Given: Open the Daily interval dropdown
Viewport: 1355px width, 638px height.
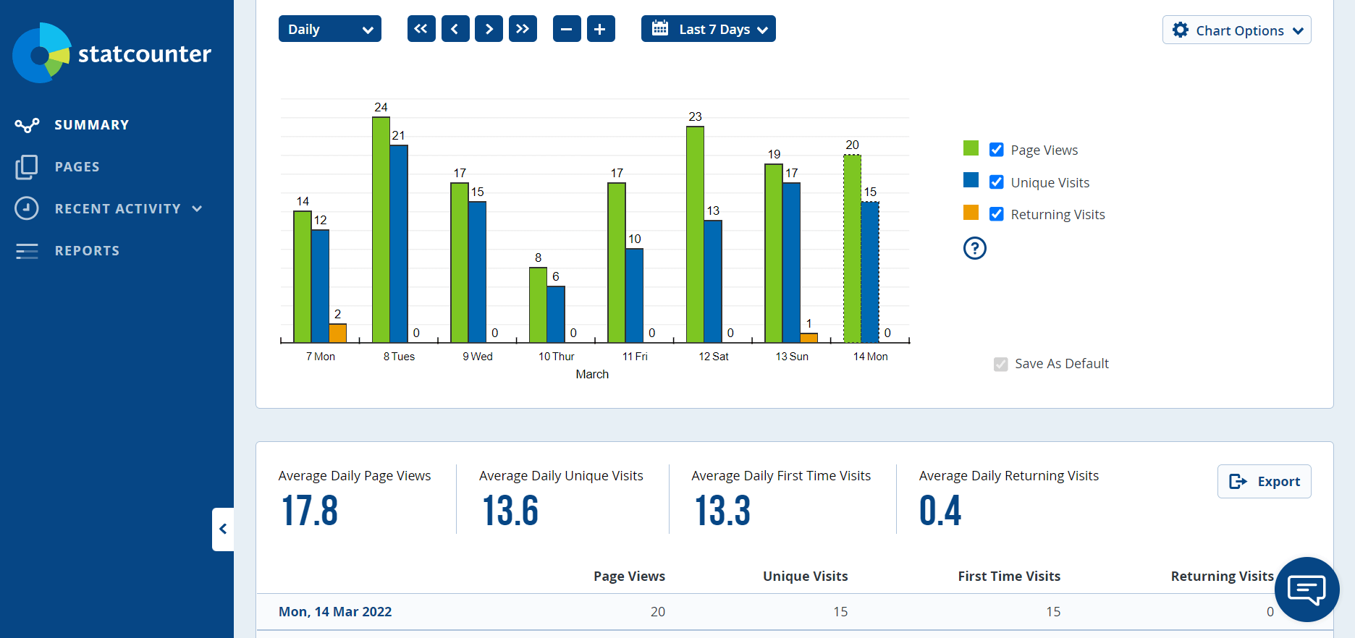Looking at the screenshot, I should click(x=329, y=29).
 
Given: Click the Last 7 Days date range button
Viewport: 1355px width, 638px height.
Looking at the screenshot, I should click(x=708, y=29).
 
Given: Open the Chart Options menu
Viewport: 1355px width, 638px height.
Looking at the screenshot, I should click(x=1236, y=30).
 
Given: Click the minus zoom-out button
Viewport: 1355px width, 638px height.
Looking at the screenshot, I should click(x=566, y=29).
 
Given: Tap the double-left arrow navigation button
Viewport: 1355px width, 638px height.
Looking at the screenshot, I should click(x=421, y=29).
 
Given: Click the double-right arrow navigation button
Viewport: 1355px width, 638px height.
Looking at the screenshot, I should click(x=523, y=29).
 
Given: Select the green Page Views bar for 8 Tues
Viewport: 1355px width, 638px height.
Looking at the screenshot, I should click(x=381, y=230).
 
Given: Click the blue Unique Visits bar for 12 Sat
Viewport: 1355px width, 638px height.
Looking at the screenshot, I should click(x=713, y=281).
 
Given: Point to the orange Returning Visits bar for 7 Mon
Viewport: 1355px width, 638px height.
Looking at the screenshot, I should click(x=337, y=333).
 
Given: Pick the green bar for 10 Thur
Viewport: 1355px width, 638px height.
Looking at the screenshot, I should click(x=538, y=305).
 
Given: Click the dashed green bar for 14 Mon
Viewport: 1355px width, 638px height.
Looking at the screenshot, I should click(x=852, y=249).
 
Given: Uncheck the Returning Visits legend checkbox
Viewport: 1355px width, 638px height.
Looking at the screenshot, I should click(x=997, y=214).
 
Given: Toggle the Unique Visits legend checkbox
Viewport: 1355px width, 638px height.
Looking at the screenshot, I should click(x=997, y=182).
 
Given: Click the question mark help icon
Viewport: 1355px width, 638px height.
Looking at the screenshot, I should click(x=974, y=248).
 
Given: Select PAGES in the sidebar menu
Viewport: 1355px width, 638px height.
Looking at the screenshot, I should click(x=77, y=167).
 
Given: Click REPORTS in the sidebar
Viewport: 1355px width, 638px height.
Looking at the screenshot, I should click(x=87, y=251).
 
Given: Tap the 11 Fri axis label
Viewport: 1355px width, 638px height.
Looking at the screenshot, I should click(x=635, y=357).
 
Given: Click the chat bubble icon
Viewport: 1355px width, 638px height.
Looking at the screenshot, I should click(x=1307, y=590).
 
